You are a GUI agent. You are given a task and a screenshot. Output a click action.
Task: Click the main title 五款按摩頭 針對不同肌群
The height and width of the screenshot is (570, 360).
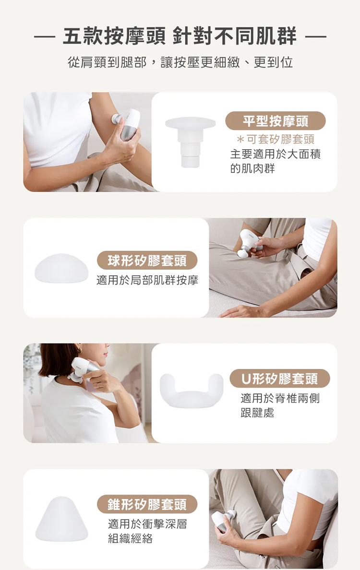tap(180, 37)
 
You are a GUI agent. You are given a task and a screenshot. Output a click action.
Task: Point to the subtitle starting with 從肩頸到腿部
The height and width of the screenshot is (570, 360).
tap(180, 62)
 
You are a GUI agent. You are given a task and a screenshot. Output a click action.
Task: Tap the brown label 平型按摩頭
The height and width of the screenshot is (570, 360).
tap(276, 121)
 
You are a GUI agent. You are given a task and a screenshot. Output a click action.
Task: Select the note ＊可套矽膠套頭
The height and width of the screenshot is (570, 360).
tap(275, 139)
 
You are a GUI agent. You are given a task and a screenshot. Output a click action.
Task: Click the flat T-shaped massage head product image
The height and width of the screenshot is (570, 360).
tap(190, 142)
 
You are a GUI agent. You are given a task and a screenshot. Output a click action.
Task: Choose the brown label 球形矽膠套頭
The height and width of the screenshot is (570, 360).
tap(147, 260)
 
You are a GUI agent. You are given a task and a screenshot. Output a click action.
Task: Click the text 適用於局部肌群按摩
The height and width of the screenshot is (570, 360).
tap(147, 280)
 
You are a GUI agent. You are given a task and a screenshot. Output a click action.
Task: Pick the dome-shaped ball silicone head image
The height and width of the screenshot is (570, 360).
tap(61, 269)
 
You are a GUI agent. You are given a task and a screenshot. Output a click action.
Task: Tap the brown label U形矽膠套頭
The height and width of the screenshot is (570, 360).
tap(280, 379)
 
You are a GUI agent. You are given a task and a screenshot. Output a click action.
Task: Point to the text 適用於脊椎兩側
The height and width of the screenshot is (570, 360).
tap(280, 398)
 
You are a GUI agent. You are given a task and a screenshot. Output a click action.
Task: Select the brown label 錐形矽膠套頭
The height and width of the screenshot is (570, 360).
tap(147, 504)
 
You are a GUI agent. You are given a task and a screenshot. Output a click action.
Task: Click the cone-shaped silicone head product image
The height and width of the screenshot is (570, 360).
tap(62, 519)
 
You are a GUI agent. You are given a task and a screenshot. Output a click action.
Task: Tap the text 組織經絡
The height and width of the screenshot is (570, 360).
tap(130, 538)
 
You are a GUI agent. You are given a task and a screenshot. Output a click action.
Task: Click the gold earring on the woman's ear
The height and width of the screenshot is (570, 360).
tap(80, 350)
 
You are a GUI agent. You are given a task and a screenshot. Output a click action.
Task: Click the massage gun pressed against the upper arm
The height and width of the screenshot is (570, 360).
tap(127, 125)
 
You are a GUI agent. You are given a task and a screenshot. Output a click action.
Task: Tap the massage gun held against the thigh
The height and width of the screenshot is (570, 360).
tap(250, 243)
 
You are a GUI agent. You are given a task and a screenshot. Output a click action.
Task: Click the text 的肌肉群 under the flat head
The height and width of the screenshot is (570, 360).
tap(252, 169)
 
